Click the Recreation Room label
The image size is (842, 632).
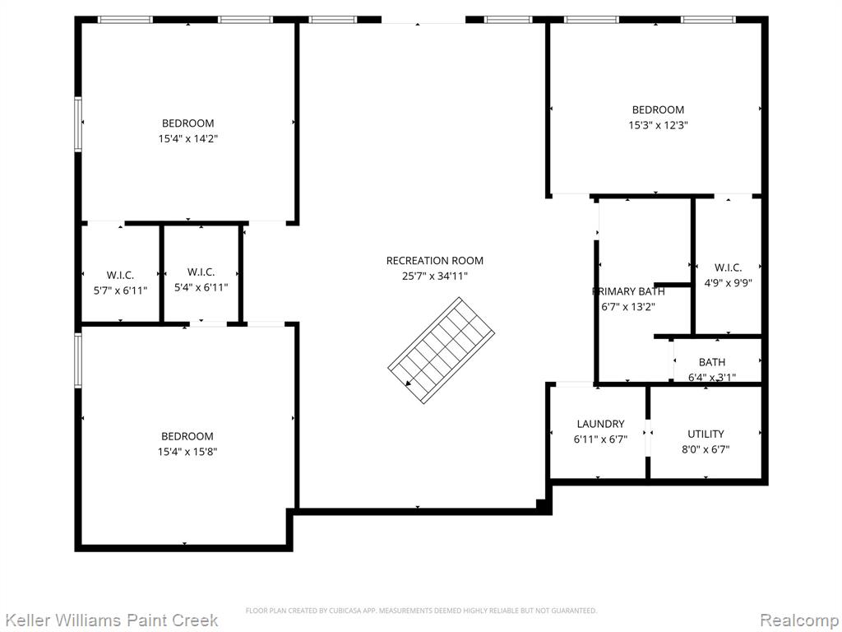pyautogui.click(x=434, y=261)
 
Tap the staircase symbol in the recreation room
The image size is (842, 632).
pyautogui.click(x=441, y=351)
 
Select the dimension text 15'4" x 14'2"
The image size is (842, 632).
pyautogui.click(x=188, y=138)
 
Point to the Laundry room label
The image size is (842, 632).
pyautogui.click(x=600, y=424)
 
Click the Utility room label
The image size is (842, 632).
pyautogui.click(x=706, y=434)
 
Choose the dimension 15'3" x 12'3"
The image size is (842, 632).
pyautogui.click(x=659, y=125)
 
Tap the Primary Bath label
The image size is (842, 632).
pyautogui.click(x=628, y=291)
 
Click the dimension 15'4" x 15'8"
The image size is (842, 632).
pyautogui.click(x=187, y=452)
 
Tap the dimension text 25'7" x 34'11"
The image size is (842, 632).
pyautogui.click(x=435, y=276)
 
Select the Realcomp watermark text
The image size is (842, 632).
pyautogui.click(x=799, y=620)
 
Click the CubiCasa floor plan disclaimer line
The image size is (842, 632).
pyautogui.click(x=421, y=611)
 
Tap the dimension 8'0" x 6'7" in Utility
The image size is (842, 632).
pyautogui.click(x=706, y=449)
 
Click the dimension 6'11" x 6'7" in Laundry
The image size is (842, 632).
pyautogui.click(x=600, y=439)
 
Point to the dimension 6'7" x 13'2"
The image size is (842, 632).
pyautogui.click(x=628, y=307)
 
